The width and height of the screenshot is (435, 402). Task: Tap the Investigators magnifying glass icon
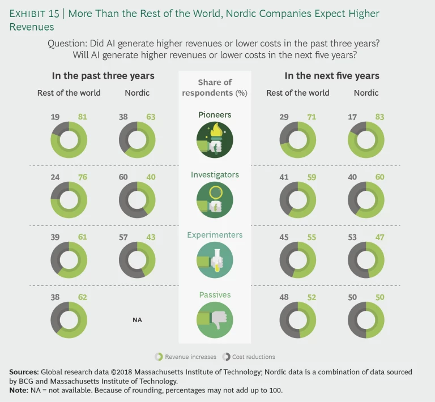[215, 200]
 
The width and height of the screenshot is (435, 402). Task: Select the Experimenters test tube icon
[215, 260]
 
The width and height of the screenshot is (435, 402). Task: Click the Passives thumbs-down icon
[215, 320]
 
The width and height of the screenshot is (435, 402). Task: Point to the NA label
[137, 320]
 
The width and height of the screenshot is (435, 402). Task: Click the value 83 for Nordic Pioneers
[379, 117]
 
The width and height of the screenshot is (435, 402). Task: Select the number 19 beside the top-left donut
[56, 117]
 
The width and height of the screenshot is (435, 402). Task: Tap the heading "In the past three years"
[103, 75]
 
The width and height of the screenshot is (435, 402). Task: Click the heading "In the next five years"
[332, 75]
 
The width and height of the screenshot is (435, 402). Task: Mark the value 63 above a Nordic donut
[151, 117]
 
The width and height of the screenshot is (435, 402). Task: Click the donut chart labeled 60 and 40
[137, 200]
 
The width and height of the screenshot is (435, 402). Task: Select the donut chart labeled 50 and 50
[366, 320]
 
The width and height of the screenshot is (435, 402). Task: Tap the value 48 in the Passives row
[285, 297]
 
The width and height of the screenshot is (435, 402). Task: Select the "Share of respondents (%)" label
[215, 88]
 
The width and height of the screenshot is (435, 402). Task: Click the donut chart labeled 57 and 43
[137, 260]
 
